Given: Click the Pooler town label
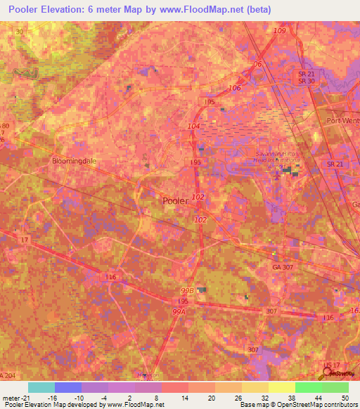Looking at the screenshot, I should tap(175, 200).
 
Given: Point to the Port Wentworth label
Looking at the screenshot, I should tap(343, 120).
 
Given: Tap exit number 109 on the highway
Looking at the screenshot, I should tap(280, 32).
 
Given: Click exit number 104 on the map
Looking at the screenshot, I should tap(194, 126).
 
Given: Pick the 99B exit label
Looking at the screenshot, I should tap(186, 290).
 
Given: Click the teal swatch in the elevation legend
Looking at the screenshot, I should tap(41, 387).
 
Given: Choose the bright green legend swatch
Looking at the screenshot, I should tap(309, 387).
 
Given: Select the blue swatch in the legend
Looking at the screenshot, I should tap(67, 387).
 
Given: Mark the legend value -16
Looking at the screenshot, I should tap(52, 398).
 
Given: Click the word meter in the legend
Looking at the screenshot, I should tap(11, 398).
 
